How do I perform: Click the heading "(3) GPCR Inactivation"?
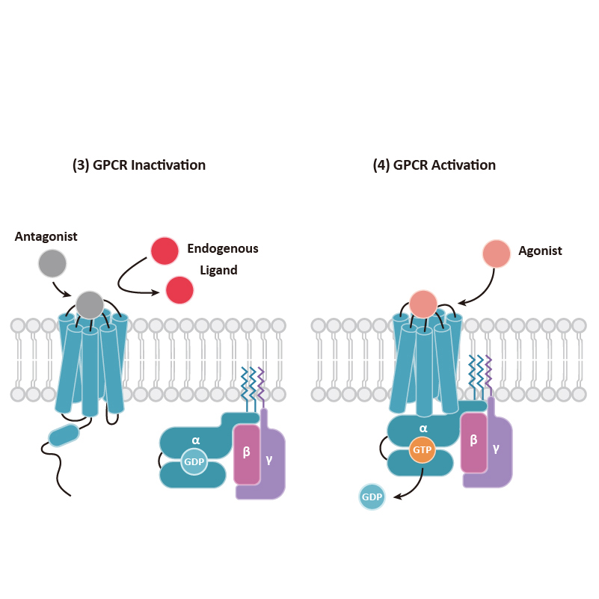click(x=138, y=165)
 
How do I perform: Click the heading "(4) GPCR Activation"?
click(x=434, y=165)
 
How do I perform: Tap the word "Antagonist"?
click(x=46, y=237)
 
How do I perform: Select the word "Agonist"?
click(x=540, y=251)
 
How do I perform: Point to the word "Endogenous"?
click(x=223, y=248)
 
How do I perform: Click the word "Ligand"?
click(x=218, y=270)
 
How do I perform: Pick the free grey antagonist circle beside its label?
click(x=52, y=262)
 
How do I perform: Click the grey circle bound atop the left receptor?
click(x=89, y=304)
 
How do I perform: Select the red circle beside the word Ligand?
click(x=179, y=290)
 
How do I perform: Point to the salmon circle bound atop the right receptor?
click(x=423, y=304)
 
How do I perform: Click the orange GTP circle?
click(x=423, y=451)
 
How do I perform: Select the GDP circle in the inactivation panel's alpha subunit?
click(x=194, y=462)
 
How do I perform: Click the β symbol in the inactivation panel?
click(x=247, y=452)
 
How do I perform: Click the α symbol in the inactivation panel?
click(x=196, y=440)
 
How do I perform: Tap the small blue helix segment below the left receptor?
click(x=64, y=434)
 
